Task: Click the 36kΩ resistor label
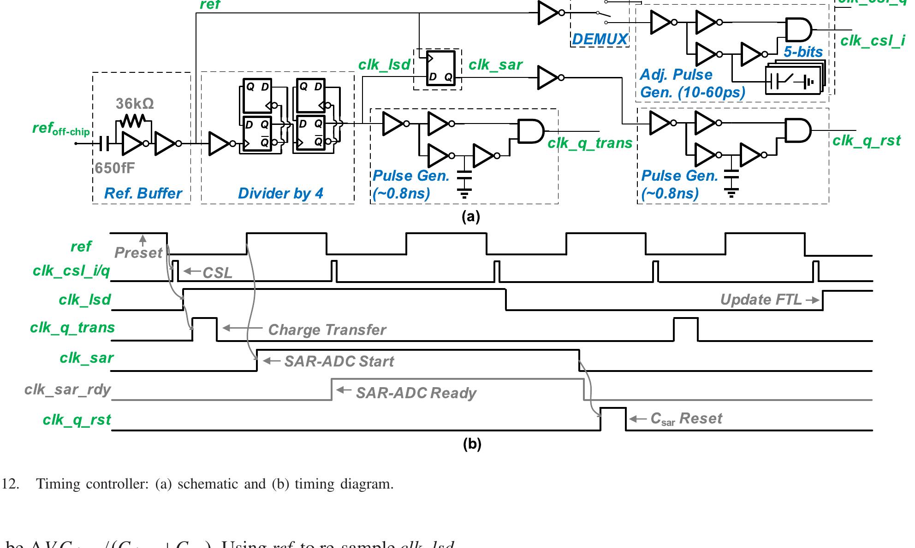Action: point(135,104)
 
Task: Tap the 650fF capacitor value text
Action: point(115,168)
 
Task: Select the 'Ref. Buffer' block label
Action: point(143,193)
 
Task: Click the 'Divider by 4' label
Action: point(280,193)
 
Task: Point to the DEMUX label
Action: point(600,39)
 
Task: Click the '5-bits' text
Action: point(803,52)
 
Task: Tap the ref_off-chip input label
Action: point(61,129)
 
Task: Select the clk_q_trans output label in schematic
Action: point(590,143)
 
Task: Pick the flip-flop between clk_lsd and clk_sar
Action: point(440,69)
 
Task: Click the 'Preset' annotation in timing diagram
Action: point(138,253)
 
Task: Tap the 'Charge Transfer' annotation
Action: point(327,330)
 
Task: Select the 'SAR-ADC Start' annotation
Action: point(339,361)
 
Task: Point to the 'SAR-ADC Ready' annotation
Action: point(416,393)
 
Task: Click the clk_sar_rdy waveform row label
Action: point(67,389)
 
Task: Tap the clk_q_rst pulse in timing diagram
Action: point(613,418)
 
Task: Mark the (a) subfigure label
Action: point(470,217)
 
